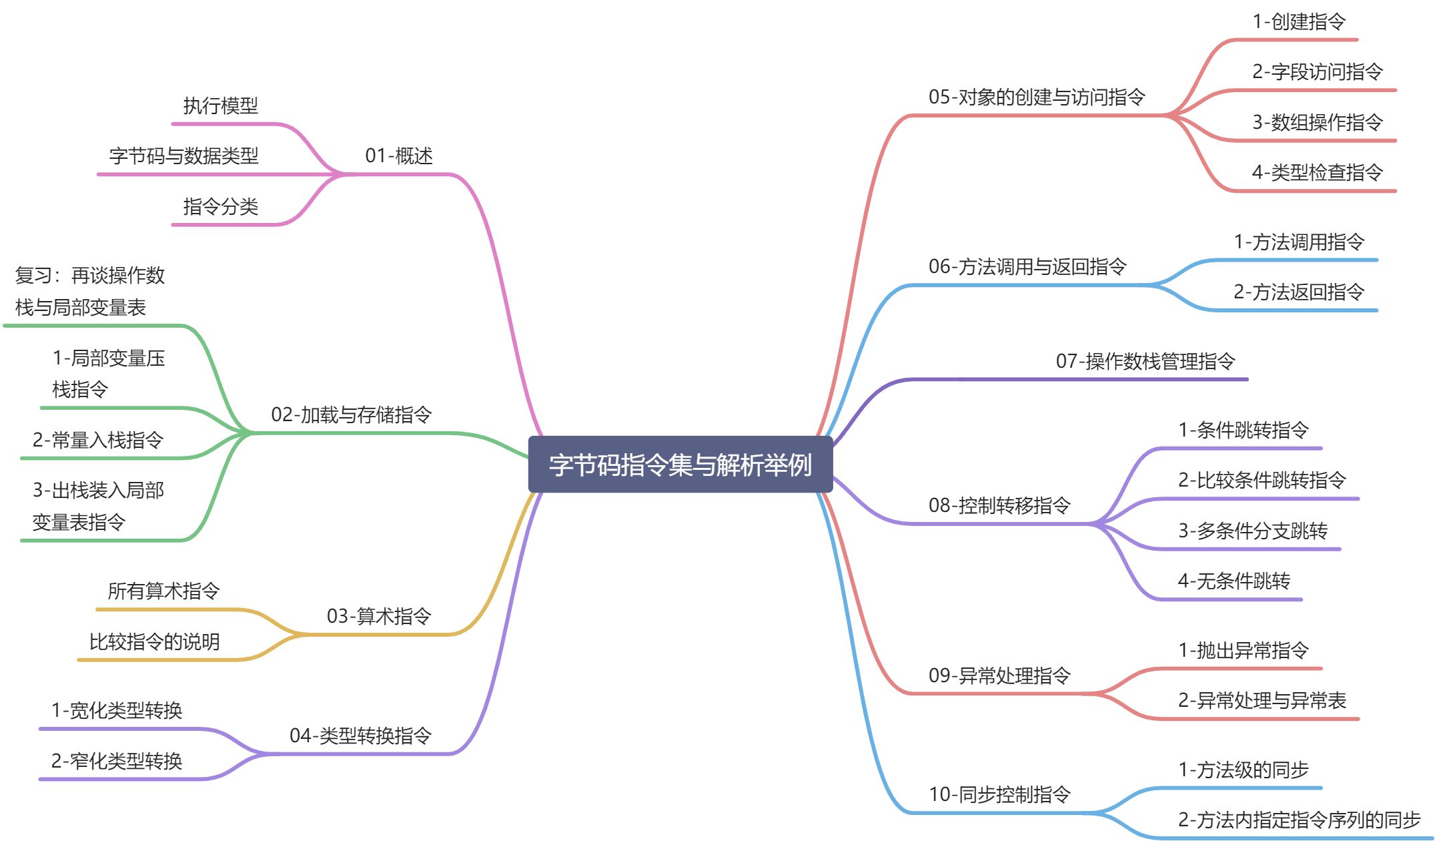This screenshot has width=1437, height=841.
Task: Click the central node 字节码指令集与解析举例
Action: (680, 465)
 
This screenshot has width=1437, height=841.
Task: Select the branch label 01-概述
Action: (398, 156)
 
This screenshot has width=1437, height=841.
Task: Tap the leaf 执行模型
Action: (220, 105)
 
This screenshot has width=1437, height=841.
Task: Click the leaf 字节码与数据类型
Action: (183, 156)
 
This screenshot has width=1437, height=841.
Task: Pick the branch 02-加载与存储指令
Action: (351, 414)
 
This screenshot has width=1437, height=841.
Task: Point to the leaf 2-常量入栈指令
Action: (97, 440)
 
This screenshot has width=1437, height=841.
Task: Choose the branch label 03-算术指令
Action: (378, 616)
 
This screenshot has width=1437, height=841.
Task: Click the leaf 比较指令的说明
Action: (154, 641)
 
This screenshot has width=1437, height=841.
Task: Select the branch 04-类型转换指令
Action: (360, 736)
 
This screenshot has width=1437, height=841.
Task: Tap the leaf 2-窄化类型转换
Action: (116, 761)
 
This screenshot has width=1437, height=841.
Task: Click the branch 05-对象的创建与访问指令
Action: (1036, 97)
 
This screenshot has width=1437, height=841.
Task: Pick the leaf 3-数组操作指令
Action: (1317, 122)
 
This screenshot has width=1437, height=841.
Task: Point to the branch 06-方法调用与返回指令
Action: (1027, 267)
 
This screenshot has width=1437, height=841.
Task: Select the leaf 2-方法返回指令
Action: (1298, 292)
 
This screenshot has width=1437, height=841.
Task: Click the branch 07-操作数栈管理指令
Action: (1145, 361)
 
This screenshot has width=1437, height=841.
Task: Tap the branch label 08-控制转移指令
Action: (999, 505)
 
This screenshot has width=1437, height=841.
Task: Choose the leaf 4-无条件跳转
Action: (1234, 581)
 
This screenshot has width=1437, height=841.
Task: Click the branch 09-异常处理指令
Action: (999, 675)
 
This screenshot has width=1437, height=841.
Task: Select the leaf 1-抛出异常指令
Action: (1243, 650)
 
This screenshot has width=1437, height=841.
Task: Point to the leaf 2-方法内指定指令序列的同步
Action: (1299, 820)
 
